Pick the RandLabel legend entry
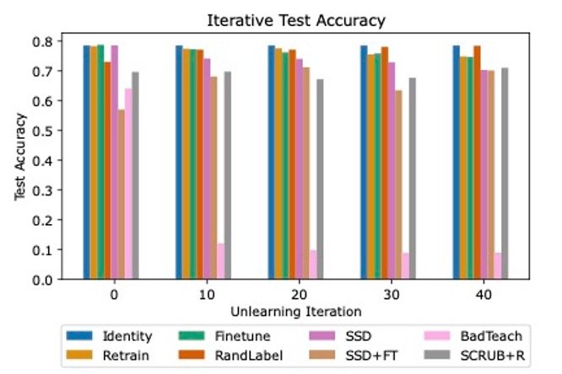click(x=231, y=355)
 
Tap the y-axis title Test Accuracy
click(x=19, y=157)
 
